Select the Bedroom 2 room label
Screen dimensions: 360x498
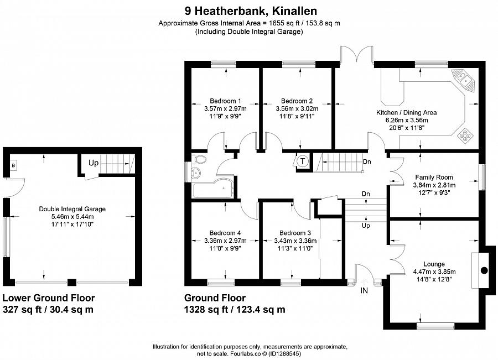point(297,101)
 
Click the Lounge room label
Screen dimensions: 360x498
point(434,264)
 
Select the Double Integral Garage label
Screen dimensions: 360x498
point(72,209)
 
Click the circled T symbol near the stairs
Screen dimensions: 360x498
point(302,161)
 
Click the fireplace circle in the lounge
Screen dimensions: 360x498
point(484,270)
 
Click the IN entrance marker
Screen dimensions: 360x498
point(364,291)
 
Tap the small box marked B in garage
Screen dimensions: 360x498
point(13,165)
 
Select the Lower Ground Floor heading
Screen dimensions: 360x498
point(49,298)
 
